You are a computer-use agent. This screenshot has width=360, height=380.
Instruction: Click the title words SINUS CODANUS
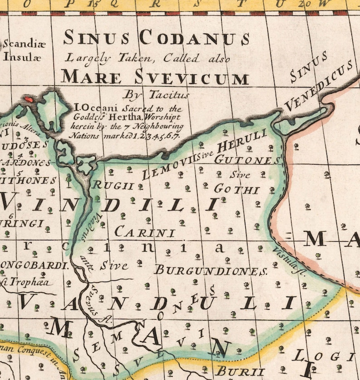tap(156, 38)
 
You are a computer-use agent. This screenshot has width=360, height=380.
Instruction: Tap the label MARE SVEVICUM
tap(155, 76)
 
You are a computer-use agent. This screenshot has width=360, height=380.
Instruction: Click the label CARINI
tap(145, 233)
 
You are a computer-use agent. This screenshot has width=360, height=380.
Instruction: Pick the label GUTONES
tap(247, 160)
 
